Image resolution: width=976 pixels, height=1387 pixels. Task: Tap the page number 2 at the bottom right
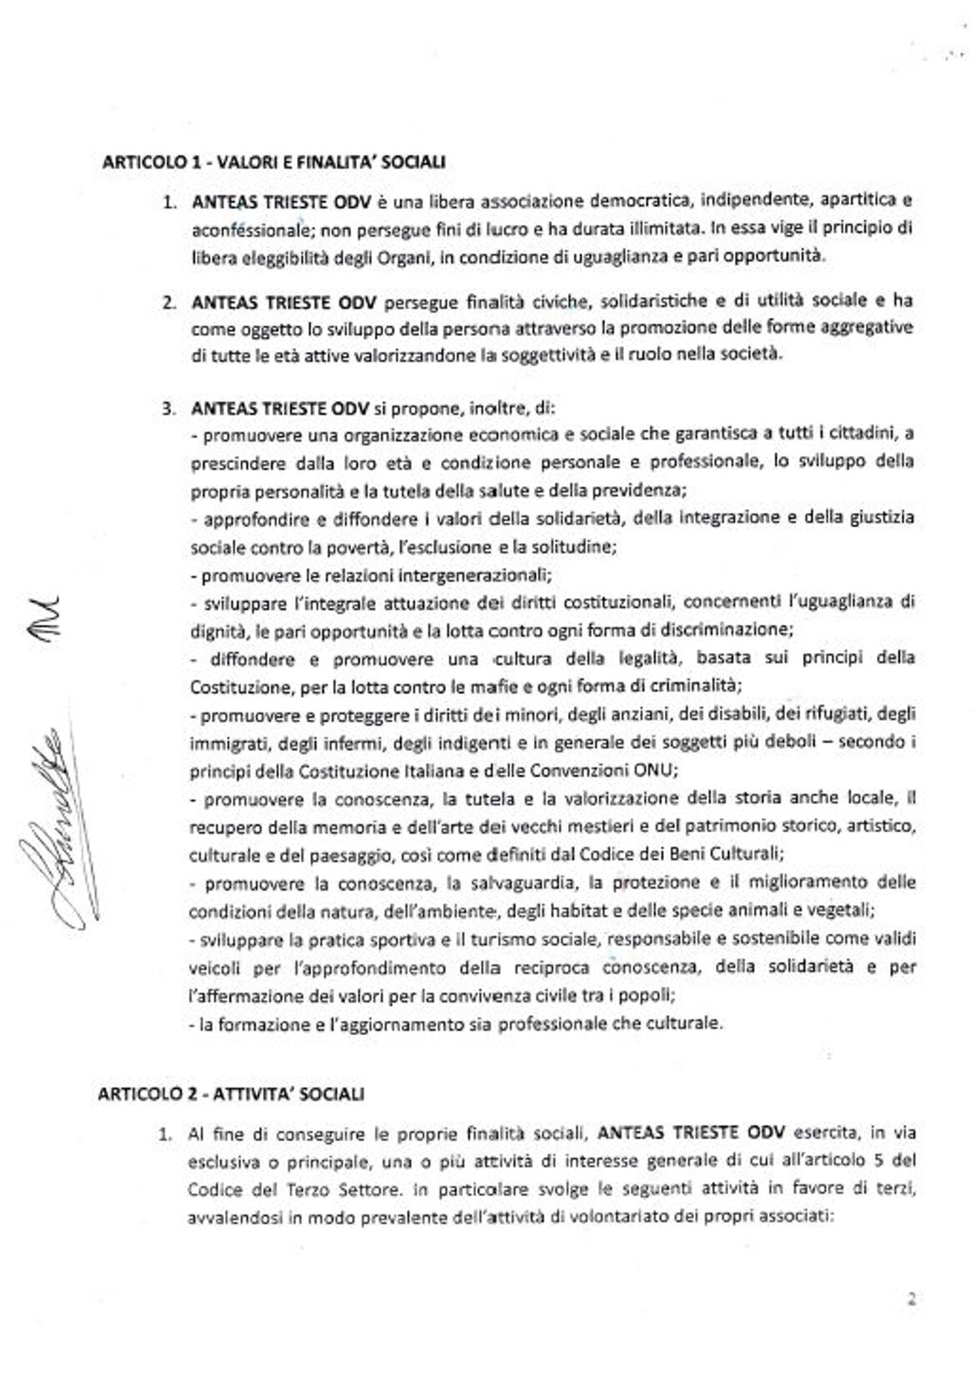[x=912, y=1298]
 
